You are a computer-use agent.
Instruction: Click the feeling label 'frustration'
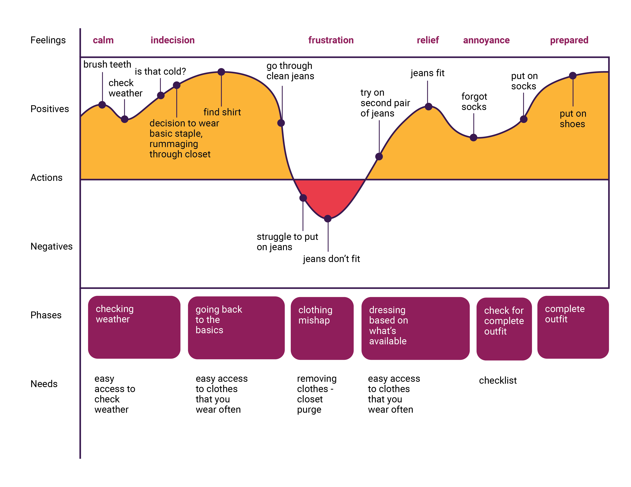click(331, 40)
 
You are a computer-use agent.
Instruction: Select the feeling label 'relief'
click(428, 40)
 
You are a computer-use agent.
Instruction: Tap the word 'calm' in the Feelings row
click(103, 40)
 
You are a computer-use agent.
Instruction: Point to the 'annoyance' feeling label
click(486, 40)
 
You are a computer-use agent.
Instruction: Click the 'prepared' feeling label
click(569, 40)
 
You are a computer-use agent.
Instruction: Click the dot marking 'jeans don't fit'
click(328, 218)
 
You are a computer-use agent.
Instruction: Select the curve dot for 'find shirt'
click(221, 72)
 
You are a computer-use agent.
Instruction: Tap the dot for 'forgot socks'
click(473, 138)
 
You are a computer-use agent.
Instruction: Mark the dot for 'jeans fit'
click(428, 107)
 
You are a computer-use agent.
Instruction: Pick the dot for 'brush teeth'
click(102, 105)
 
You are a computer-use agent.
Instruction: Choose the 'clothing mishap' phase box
click(322, 328)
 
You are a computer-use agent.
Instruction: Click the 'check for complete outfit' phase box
click(504, 329)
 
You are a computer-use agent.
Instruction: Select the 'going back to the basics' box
click(236, 328)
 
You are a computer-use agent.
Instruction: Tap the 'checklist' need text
click(498, 380)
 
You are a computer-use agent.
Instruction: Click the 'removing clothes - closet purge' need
click(317, 394)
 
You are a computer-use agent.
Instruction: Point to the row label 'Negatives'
click(51, 246)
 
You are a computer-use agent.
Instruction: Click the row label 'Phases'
click(46, 315)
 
